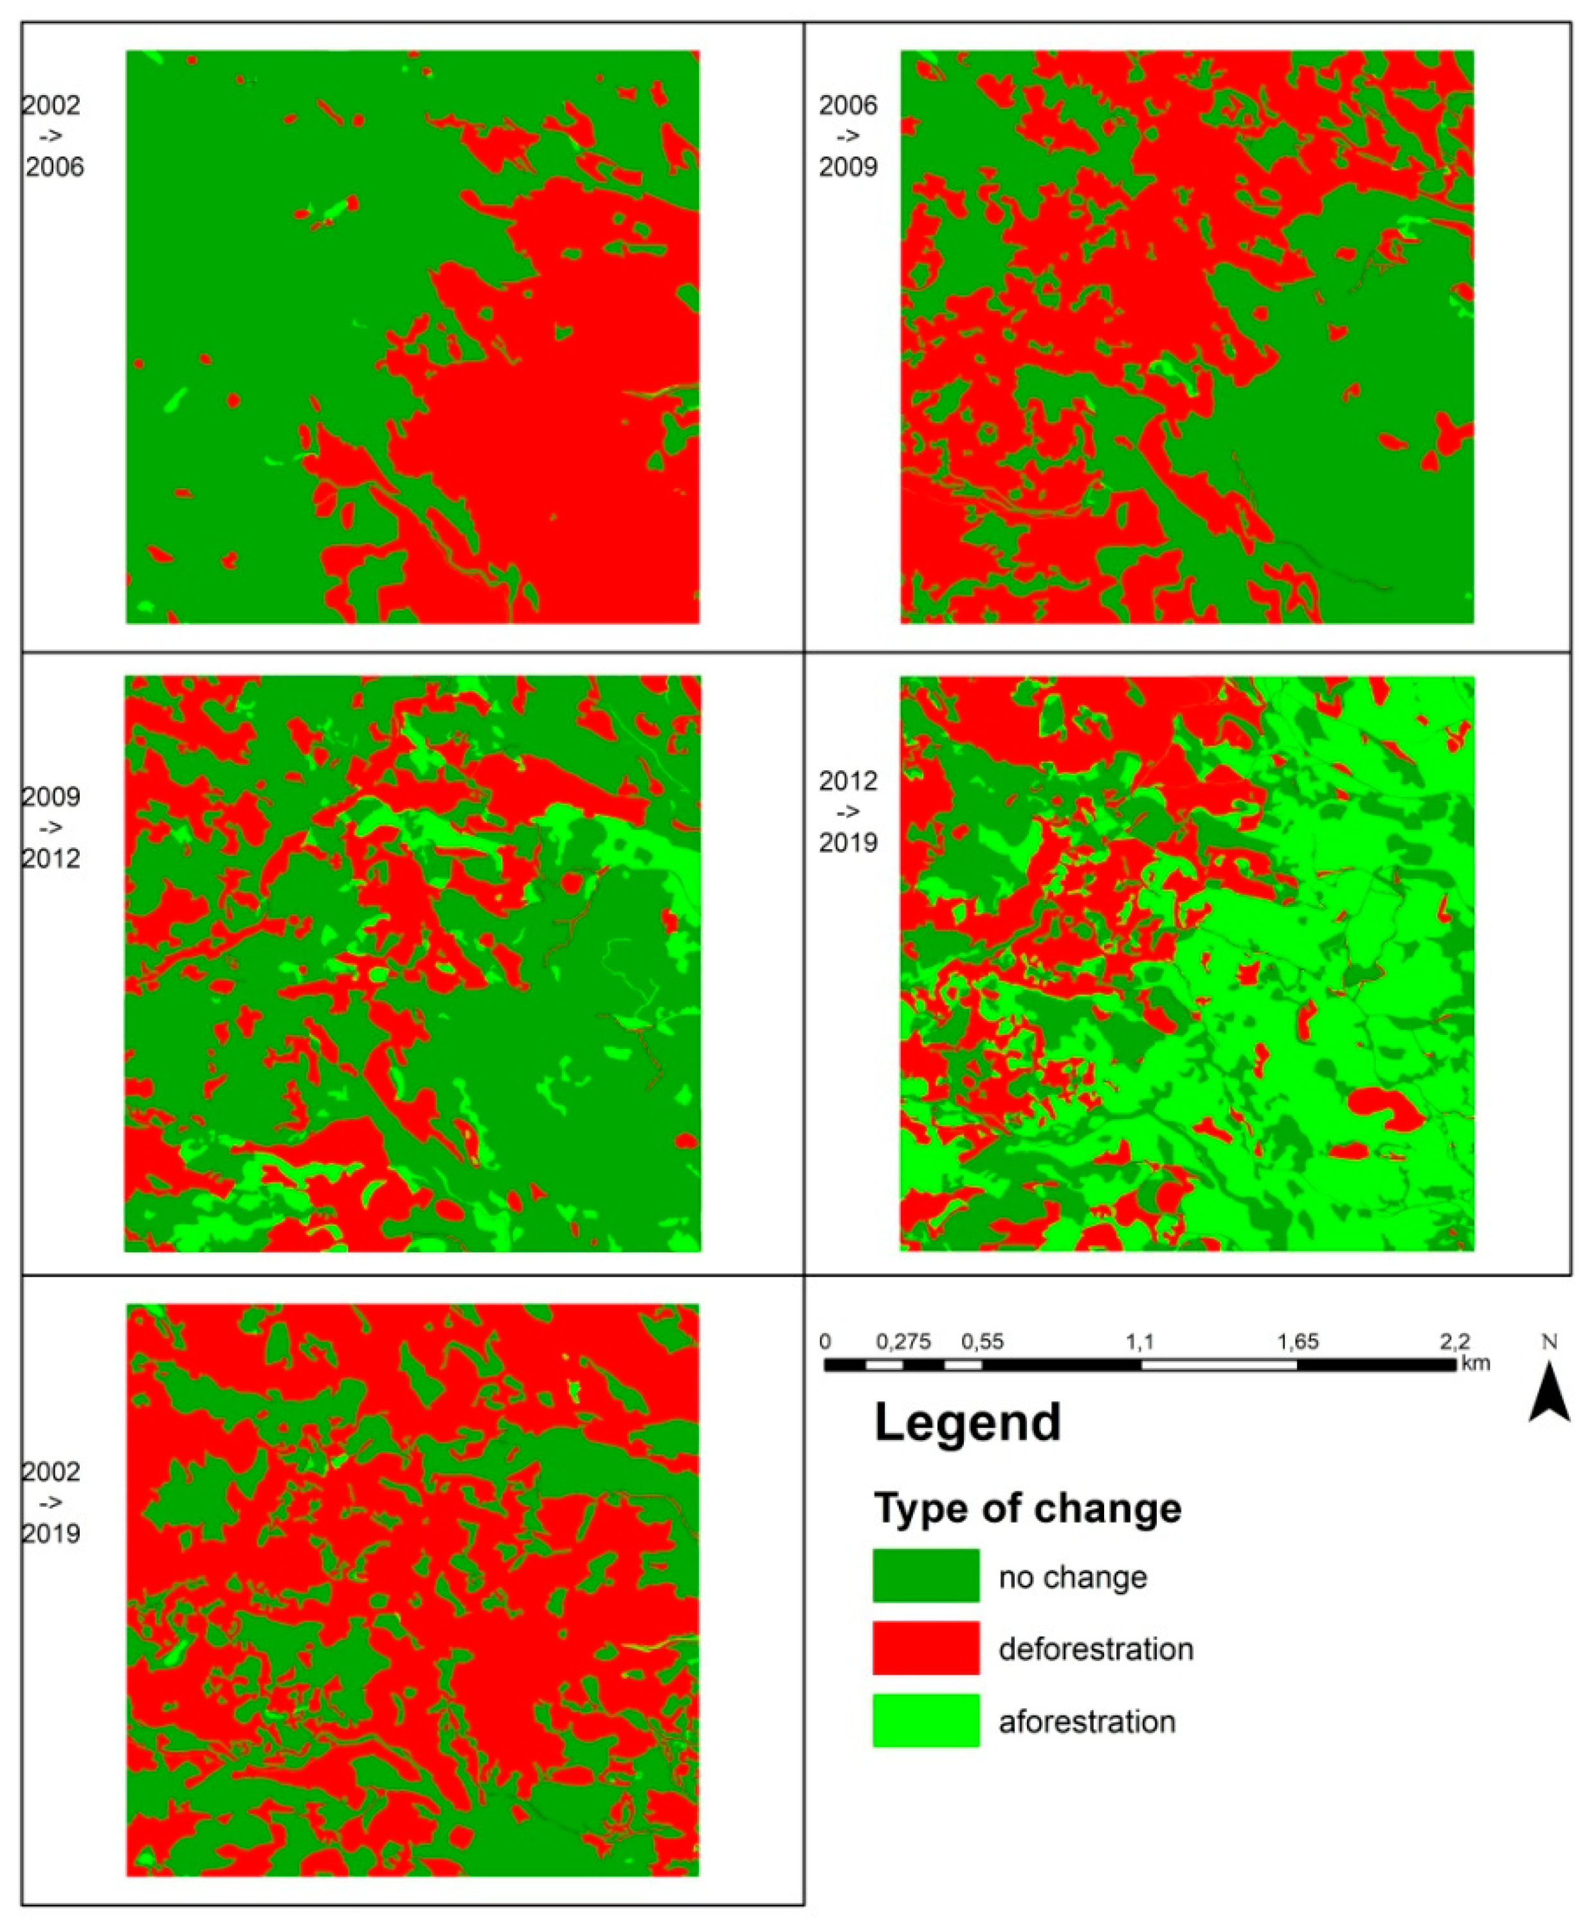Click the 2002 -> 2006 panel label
53,136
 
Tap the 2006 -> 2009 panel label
847,136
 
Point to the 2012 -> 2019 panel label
847,811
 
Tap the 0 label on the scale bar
826,1341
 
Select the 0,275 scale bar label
903,1341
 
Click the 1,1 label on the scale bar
1139,1341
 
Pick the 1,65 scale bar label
1298,1341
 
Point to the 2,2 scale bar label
1454,1341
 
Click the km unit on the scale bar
1476,1363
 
